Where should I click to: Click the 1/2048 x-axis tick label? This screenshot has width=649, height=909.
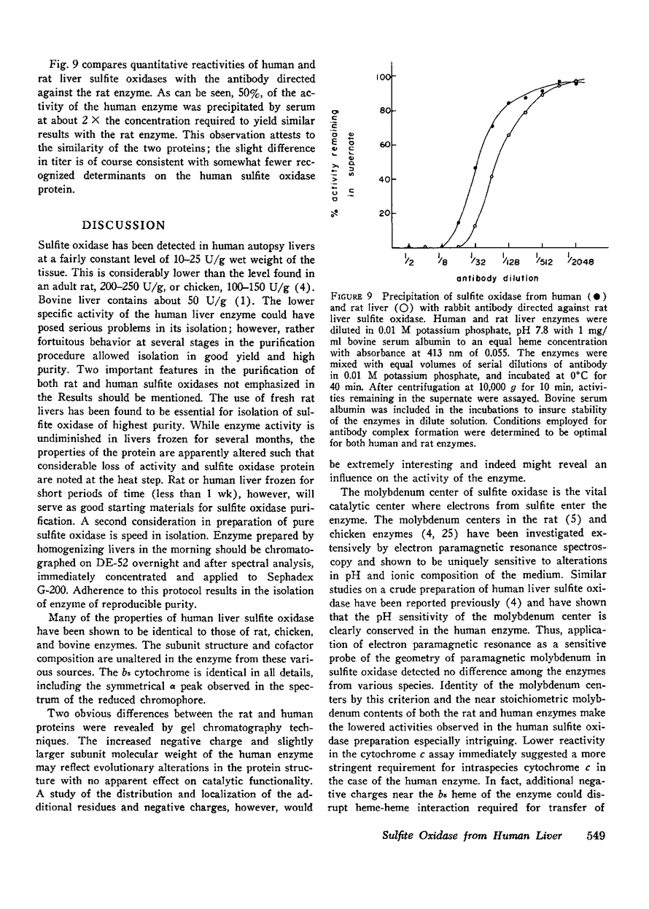click(x=580, y=257)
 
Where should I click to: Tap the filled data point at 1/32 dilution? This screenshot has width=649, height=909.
click(x=475, y=168)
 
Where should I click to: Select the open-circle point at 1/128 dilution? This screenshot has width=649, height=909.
click(x=508, y=136)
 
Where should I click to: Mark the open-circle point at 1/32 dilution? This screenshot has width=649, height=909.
click(x=475, y=225)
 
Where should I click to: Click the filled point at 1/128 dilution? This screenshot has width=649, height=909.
click(x=508, y=104)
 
